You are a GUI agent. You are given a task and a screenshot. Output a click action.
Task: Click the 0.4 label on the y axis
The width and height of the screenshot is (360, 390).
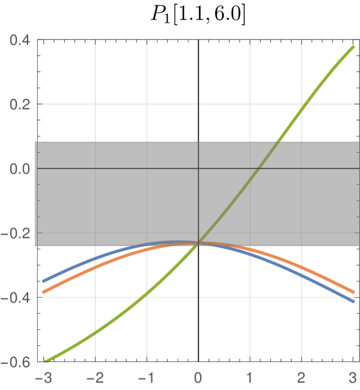click(x=21, y=40)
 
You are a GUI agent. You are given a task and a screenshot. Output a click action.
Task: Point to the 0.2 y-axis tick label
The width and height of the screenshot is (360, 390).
click(x=21, y=104)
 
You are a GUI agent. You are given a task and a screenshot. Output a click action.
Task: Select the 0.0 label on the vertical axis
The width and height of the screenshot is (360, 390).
click(x=21, y=168)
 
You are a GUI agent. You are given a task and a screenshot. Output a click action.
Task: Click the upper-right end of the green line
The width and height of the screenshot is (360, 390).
click(x=353, y=46)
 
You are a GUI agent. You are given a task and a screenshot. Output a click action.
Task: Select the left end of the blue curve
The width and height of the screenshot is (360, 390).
click(x=43, y=281)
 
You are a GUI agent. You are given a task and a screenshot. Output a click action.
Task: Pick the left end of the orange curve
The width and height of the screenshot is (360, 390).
click(x=43, y=292)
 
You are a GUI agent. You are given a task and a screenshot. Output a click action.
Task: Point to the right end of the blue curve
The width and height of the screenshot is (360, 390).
click(x=353, y=302)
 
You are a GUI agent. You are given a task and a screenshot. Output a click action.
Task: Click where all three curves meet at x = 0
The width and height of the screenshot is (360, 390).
click(x=199, y=244)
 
